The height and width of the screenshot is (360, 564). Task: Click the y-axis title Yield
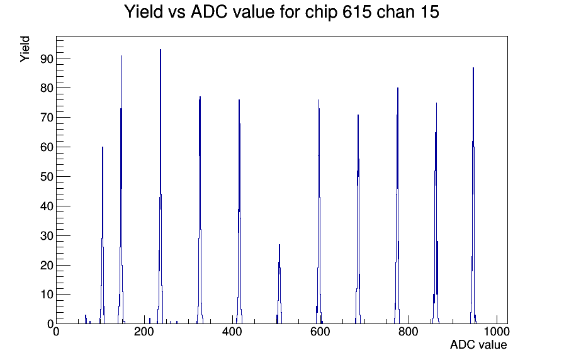pos(25,49)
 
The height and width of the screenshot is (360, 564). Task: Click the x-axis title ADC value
pos(478,344)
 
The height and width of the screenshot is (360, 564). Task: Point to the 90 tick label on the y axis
pos(47,59)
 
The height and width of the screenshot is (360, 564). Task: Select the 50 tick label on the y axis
pos(47,177)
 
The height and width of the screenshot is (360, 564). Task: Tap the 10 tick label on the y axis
pos(47,295)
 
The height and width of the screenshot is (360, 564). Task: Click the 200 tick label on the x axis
pos(144,331)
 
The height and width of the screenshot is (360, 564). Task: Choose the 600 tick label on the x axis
pos(320,331)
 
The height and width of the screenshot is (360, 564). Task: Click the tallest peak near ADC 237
pos(161,50)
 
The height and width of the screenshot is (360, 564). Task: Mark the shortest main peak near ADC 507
pos(279,245)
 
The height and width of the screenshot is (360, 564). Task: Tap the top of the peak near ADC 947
pos(473,67)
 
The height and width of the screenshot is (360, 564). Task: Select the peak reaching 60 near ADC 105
pos(103,147)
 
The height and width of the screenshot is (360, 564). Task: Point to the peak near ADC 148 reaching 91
pos(121,56)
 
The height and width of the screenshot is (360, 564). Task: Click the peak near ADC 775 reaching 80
pos(398,88)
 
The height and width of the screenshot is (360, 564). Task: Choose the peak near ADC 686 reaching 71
pos(358,115)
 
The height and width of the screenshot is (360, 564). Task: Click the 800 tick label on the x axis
pos(409,331)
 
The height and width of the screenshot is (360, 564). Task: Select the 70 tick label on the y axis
pos(47,118)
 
